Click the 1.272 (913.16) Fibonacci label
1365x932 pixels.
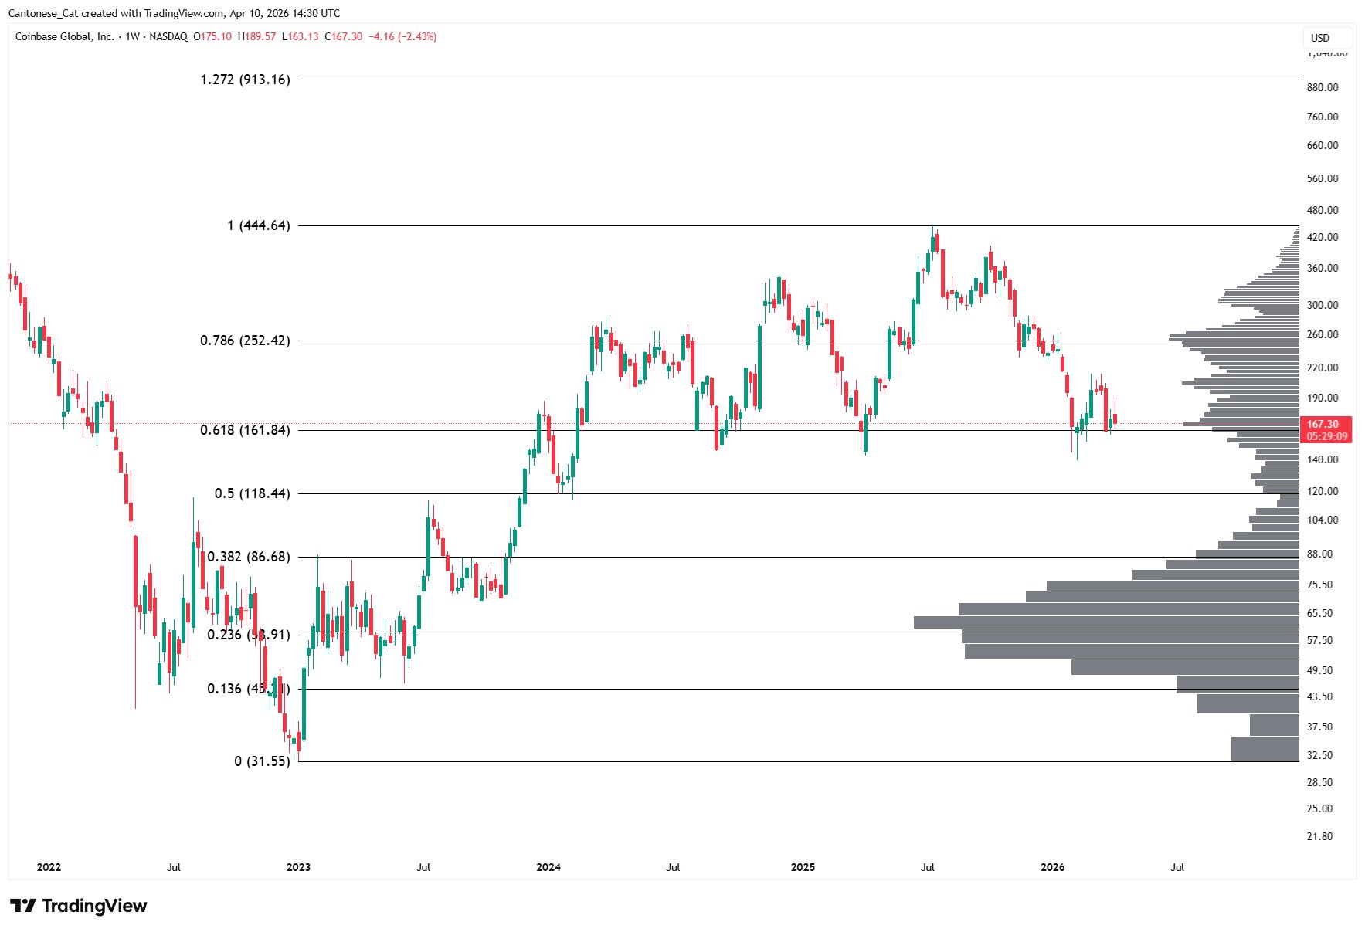[245, 80]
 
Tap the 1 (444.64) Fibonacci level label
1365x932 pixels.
[258, 225]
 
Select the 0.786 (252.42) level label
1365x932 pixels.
[245, 341]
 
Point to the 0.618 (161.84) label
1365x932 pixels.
[245, 430]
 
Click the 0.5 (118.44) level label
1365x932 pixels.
[253, 493]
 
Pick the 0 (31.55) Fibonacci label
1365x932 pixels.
[262, 761]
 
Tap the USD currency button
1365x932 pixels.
[1320, 38]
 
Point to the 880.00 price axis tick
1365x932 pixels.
[1323, 87]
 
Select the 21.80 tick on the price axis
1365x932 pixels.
[1319, 836]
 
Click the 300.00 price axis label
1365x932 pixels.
[1323, 305]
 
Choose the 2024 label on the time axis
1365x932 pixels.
[548, 867]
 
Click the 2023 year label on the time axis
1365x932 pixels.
[298, 867]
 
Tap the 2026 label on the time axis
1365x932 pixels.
[1052, 867]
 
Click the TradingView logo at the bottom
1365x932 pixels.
[78, 906]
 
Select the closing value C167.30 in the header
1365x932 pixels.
[344, 36]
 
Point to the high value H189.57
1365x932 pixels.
[256, 36]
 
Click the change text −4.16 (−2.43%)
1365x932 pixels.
[402, 36]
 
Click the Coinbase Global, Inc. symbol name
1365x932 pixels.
[65, 36]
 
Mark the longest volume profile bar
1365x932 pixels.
[1105, 622]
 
